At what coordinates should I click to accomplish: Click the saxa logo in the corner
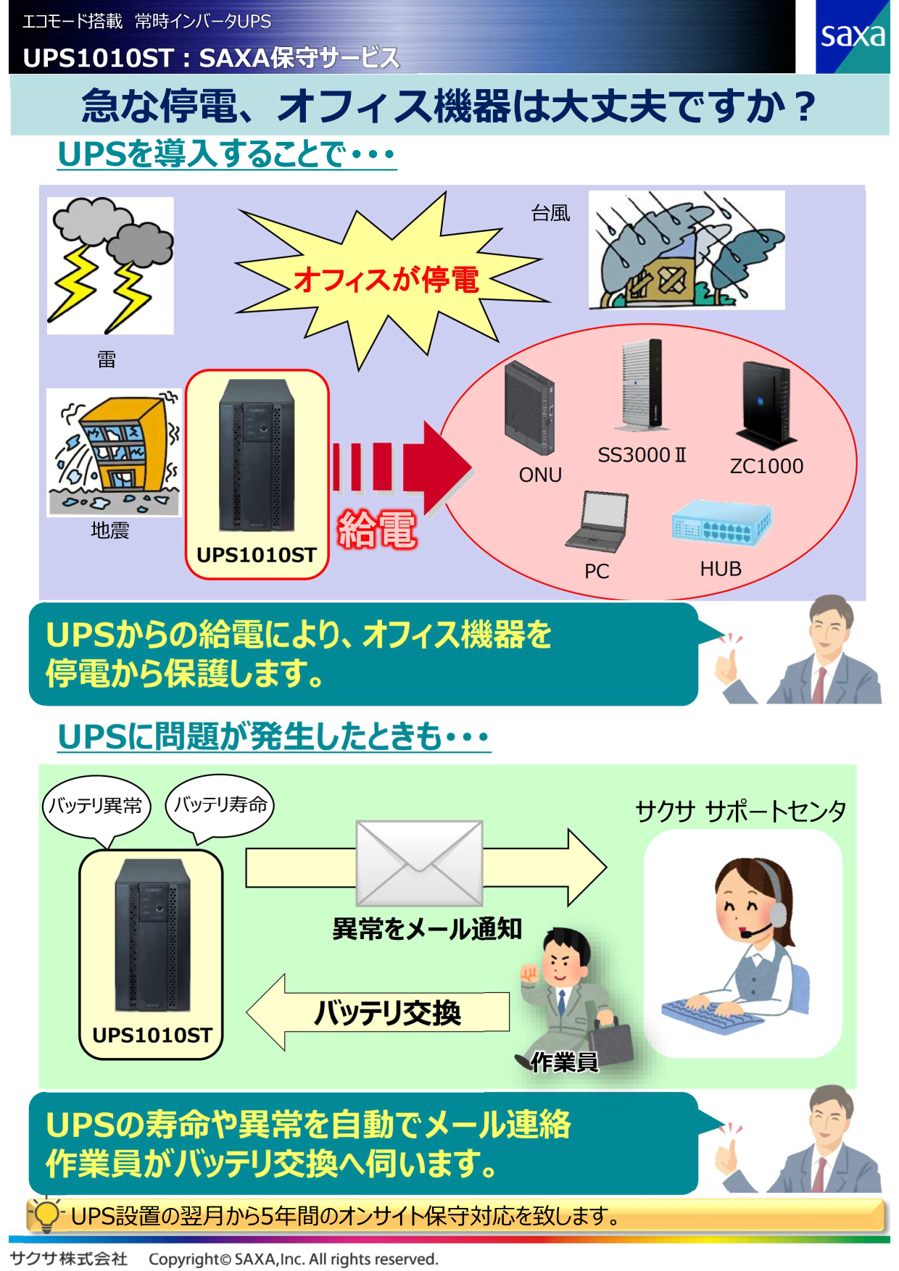[852, 36]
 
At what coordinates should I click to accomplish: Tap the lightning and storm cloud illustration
[110, 265]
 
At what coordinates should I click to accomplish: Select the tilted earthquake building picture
[114, 452]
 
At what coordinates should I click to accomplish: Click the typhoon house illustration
[686, 250]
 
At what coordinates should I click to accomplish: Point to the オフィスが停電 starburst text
[386, 280]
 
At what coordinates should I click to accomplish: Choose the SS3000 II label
[642, 455]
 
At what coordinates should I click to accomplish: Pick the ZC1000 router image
[766, 403]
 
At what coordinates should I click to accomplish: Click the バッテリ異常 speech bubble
[96, 806]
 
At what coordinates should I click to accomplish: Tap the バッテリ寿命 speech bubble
[220, 805]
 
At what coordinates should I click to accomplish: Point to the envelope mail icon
[419, 862]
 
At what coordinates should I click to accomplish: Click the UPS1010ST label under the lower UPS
[152, 1035]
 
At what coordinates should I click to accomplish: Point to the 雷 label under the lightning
[107, 359]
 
